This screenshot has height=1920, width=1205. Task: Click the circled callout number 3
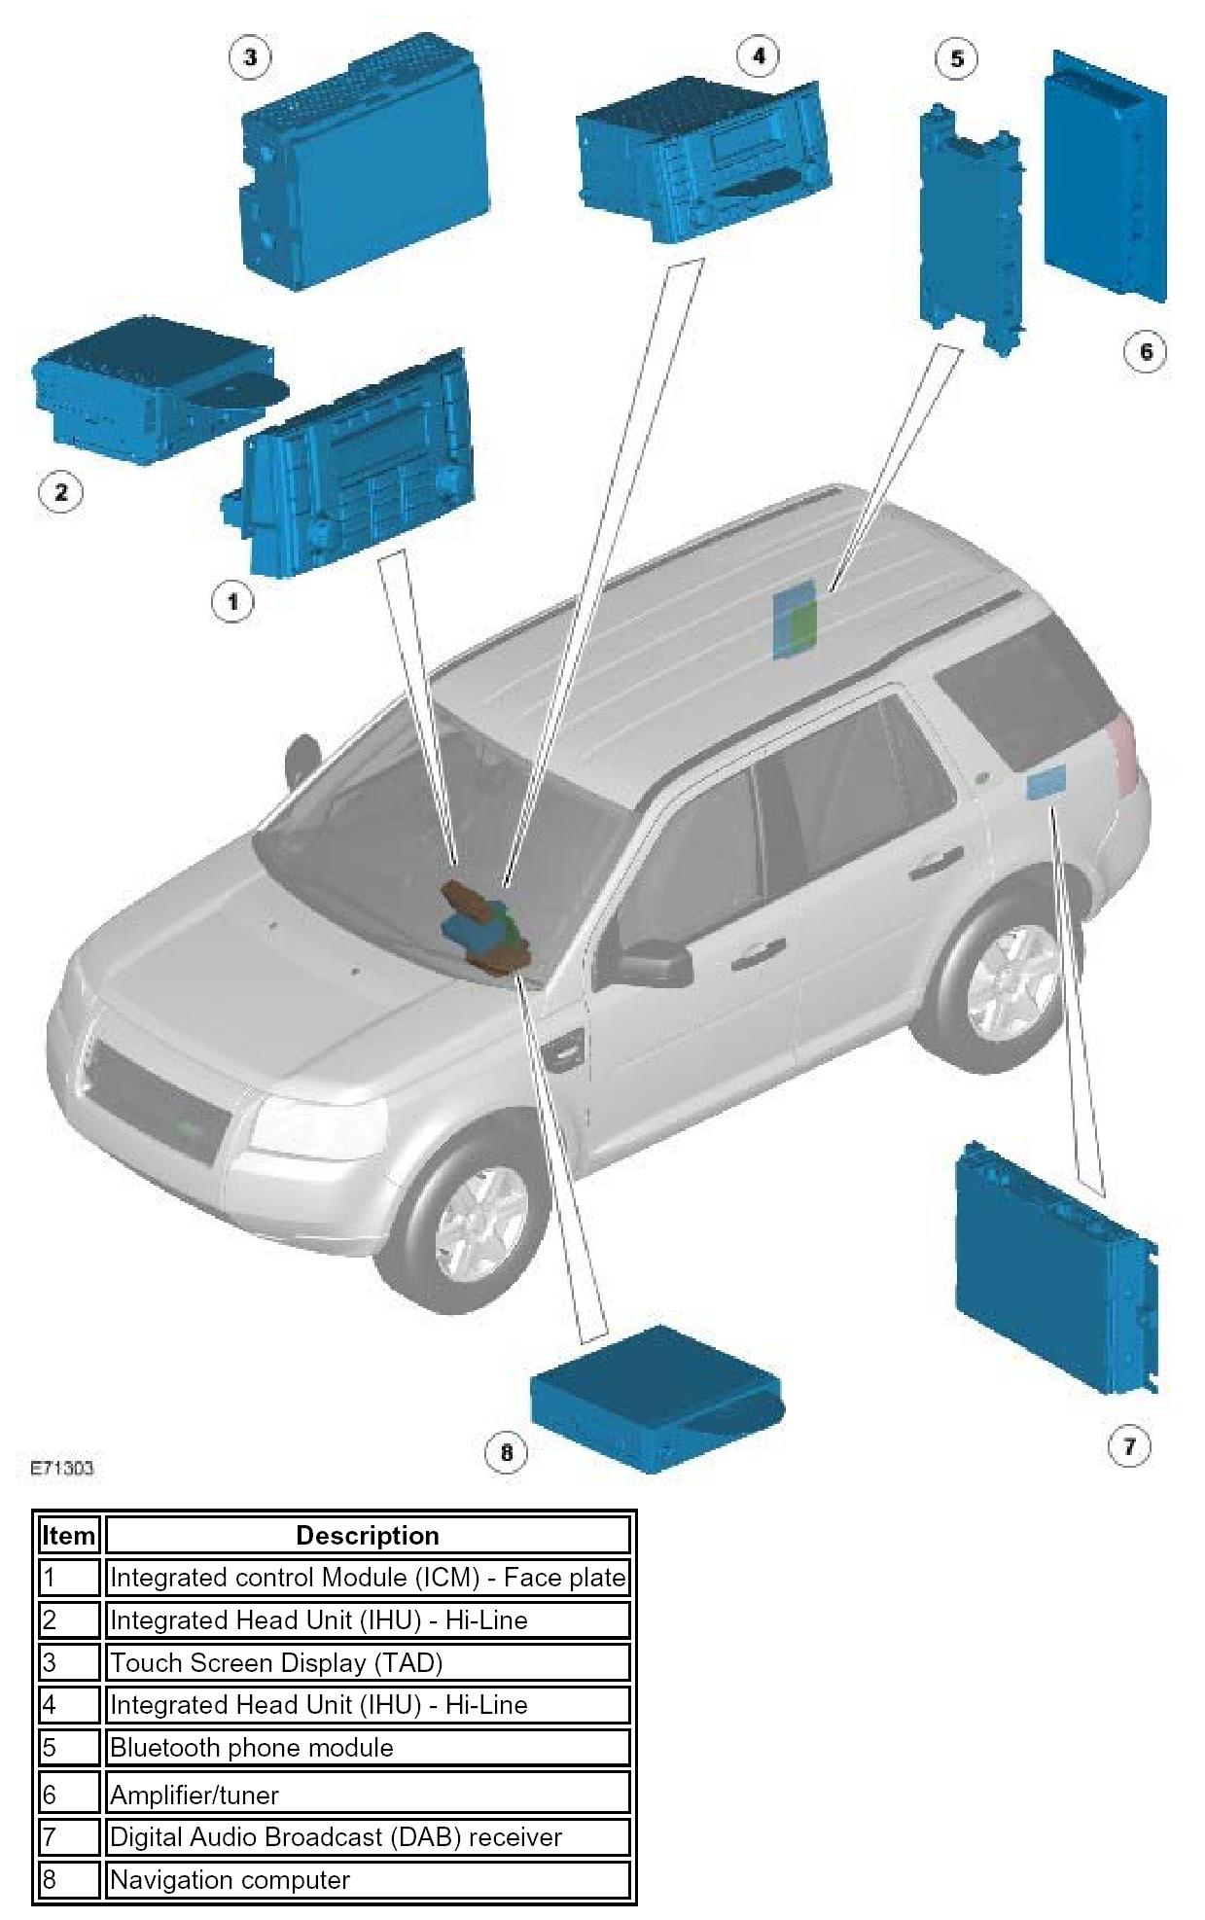point(250,57)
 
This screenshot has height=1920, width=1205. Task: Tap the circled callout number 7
point(1129,1445)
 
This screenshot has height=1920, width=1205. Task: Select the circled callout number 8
point(506,1453)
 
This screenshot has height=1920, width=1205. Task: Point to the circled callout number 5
point(957,58)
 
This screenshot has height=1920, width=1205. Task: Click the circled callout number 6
point(1145,351)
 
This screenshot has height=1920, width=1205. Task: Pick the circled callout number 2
point(60,491)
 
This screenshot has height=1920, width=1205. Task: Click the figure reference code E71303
point(61,1468)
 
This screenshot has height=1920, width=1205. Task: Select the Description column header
point(368,1535)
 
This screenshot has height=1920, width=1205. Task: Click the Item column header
point(69,1535)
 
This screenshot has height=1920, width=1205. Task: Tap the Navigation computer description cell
point(368,1879)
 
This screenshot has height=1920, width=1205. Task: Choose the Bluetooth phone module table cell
point(368,1747)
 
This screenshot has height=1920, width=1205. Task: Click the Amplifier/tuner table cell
point(368,1794)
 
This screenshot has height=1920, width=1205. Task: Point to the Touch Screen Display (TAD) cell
point(368,1662)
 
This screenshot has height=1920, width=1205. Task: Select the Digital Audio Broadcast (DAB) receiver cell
point(368,1836)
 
